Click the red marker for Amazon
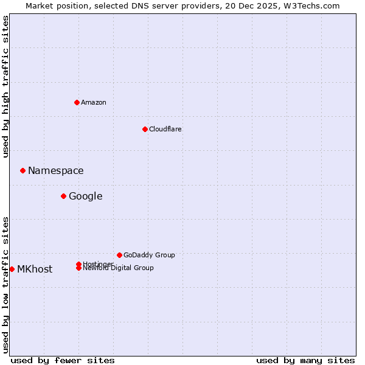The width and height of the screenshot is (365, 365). point(77,102)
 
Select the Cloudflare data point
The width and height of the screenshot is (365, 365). point(145,129)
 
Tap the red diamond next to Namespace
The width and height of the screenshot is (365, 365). point(23,170)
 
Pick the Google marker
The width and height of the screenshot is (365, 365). point(63,196)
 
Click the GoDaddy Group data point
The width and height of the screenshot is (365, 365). point(119,255)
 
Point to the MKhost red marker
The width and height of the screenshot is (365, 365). point(12,269)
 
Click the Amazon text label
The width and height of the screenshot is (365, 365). point(94,102)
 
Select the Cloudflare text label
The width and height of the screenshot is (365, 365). point(165,129)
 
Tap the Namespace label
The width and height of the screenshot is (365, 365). point(56,170)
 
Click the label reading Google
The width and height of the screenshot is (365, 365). point(86,196)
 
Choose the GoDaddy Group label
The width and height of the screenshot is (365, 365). point(149,255)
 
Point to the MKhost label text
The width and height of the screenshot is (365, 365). point(35,269)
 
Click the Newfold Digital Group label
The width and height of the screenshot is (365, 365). point(119,268)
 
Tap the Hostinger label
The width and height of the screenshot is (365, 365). point(98,263)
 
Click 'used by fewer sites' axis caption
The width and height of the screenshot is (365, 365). point(63,360)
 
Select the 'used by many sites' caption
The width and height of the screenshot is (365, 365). point(305,360)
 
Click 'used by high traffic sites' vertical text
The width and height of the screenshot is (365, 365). point(5,86)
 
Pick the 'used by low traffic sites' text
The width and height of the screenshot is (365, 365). point(5,284)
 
